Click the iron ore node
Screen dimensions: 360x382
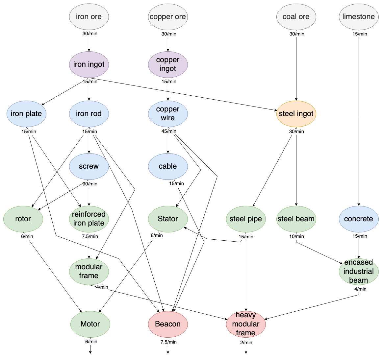pyautogui.click(x=89, y=17)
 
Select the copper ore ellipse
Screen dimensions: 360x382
pyautogui.click(x=168, y=17)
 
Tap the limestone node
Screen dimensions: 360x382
pyautogui.click(x=358, y=17)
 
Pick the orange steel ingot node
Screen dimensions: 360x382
pyautogui.click(x=296, y=114)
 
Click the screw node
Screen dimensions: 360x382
pyautogui.click(x=89, y=166)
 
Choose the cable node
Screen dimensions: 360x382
pyautogui.click(x=168, y=166)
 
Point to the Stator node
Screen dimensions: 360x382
pyautogui.click(x=168, y=219)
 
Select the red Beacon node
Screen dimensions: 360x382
pyautogui.click(x=168, y=324)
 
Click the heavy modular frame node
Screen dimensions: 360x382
pyautogui.click(x=246, y=324)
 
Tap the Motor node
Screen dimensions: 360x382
pyautogui.click(x=90, y=324)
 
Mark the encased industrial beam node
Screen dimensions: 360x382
pyautogui.click(x=358, y=272)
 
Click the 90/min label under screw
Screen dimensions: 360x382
pyautogui.click(x=90, y=184)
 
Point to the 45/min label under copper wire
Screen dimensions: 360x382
pyautogui.click(x=169, y=131)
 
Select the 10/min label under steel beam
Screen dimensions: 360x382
pyautogui.click(x=296, y=236)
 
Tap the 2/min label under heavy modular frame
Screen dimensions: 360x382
pyautogui.click(x=246, y=343)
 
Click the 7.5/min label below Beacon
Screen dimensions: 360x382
pyautogui.click(x=168, y=342)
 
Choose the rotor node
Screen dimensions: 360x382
pyautogui.click(x=23, y=219)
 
